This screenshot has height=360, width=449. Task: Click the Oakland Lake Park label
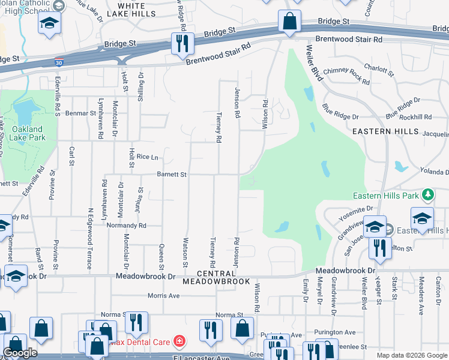[28, 133]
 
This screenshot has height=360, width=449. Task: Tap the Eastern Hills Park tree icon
[427, 194]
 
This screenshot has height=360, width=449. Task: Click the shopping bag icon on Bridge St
[289, 22]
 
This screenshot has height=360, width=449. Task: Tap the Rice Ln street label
[147, 157]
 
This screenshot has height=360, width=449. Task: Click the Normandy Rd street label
[125, 226]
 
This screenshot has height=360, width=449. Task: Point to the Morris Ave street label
[164, 296]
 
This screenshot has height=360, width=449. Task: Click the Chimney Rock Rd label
[346, 75]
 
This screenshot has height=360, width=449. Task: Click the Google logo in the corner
[20, 352]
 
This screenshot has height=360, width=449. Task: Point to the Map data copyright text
[411, 355]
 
